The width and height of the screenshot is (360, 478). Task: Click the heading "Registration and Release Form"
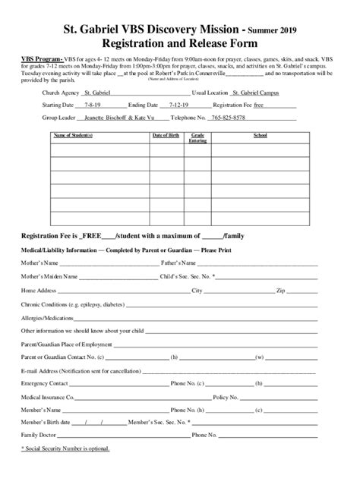click(x=180, y=44)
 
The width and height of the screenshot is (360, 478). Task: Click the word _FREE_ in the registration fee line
click(x=100, y=236)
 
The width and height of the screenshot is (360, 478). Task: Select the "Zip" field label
click(x=279, y=291)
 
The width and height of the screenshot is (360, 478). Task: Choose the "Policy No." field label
click(x=228, y=397)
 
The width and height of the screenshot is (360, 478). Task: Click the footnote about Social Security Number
click(x=65, y=448)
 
